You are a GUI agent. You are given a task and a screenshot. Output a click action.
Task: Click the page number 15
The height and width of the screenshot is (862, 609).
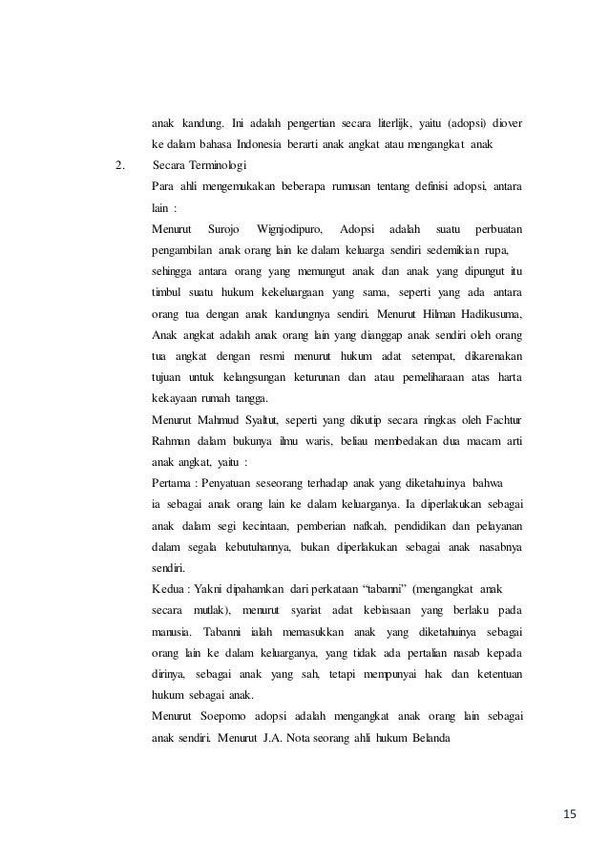pyautogui.click(x=571, y=814)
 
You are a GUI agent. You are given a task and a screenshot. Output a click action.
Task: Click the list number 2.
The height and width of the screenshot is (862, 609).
pyautogui.click(x=118, y=165)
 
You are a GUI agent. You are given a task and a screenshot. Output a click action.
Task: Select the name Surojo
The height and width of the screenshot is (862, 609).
pyautogui.click(x=224, y=228)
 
